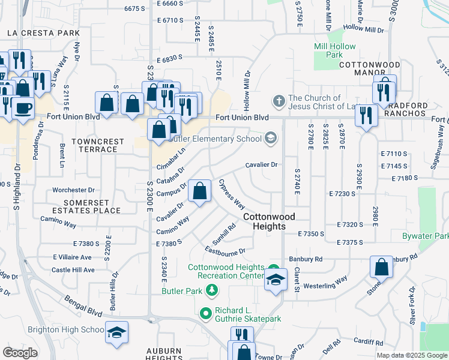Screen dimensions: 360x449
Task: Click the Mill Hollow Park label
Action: (x=334, y=50)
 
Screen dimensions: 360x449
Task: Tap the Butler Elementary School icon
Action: (x=271, y=139)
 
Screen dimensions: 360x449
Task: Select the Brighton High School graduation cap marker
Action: (x=117, y=332)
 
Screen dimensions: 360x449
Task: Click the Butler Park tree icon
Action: (x=211, y=291)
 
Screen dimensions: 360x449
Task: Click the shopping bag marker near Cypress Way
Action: (x=199, y=191)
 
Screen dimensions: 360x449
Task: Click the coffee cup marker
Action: (x=23, y=108)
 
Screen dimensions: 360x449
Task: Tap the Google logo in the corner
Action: (x=20, y=352)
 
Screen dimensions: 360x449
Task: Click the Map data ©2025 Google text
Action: (x=411, y=355)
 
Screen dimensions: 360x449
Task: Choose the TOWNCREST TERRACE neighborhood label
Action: (x=97, y=146)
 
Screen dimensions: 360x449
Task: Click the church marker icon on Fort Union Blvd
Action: (x=278, y=99)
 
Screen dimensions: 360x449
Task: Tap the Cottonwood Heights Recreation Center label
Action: (x=226, y=271)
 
